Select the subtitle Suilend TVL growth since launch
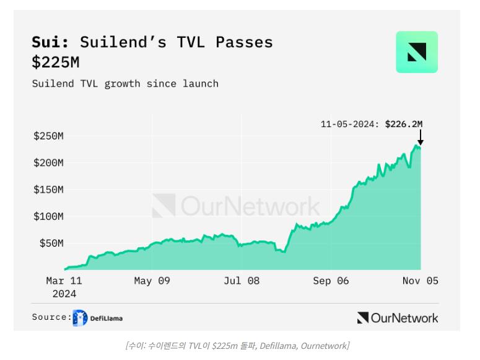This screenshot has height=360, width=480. (125, 84)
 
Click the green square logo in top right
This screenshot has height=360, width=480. (416, 52)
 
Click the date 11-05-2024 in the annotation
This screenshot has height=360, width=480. (349, 124)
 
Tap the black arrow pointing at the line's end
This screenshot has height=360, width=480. (420, 137)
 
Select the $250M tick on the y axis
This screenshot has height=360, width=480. (48, 136)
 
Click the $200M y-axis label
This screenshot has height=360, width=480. (48, 162)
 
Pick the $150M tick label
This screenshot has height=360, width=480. (48, 190)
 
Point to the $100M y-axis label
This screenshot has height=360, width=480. (48, 216)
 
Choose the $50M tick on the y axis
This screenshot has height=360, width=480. (51, 244)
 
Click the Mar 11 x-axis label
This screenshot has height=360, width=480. (64, 281)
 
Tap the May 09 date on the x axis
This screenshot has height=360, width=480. (152, 281)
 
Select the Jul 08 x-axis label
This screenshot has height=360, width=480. (242, 281)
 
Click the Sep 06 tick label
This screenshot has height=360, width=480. (331, 281)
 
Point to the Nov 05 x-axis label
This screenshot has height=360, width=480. (420, 281)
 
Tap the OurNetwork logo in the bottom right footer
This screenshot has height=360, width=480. (398, 318)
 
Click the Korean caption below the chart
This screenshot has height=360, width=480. (237, 345)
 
